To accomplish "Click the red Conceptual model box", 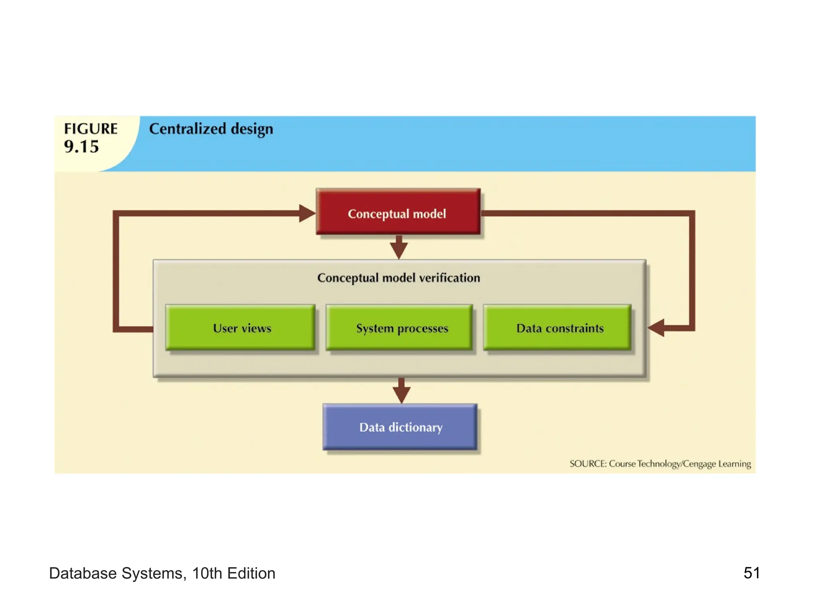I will [398, 212].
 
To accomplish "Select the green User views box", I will [241, 328].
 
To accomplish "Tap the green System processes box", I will [399, 328].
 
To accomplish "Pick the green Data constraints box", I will [557, 328].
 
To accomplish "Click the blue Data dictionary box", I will [400, 427].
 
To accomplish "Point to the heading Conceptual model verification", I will [399, 278].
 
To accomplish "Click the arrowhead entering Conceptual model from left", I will [307, 214].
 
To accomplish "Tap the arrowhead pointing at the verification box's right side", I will [656, 328].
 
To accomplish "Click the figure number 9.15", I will [81, 147].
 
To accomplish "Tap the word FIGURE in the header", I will [91, 129].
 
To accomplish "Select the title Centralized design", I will [211, 129].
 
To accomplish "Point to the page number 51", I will [751, 573].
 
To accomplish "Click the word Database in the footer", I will [83, 573].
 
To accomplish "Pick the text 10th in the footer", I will [207, 573].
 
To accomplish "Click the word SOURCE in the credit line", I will [588, 464].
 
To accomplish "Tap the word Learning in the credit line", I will [734, 464].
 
